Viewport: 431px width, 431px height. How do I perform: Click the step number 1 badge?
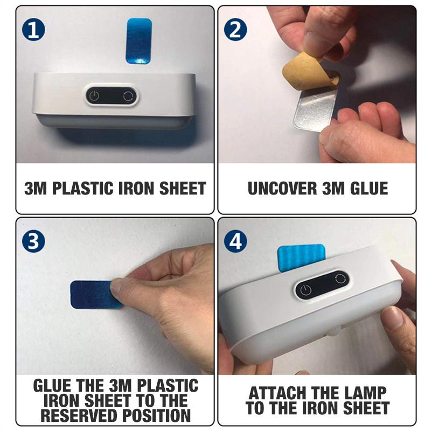coord(33,30)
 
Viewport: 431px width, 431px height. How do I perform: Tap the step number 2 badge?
coord(235,30)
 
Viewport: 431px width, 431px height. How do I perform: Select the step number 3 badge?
coord(33,241)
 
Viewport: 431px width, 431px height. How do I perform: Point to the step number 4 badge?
coord(235,241)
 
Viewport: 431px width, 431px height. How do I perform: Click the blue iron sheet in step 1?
coord(139,41)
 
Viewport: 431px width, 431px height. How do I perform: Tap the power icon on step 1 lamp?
coord(94,96)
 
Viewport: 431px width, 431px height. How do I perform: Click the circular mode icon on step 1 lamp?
coord(128,96)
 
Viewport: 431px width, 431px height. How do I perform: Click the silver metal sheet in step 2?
coord(316,108)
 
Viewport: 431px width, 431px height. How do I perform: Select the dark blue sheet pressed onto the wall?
coord(93,294)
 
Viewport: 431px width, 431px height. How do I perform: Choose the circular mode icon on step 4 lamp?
coord(340,278)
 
